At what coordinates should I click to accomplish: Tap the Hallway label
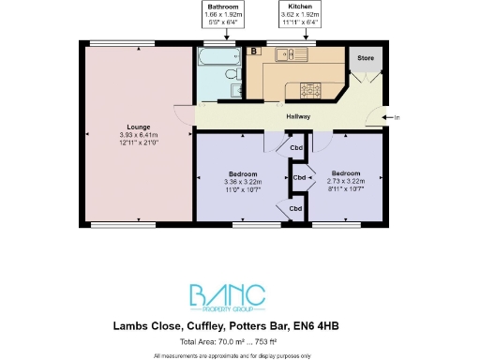(299, 116)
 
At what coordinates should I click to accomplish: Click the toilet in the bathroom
(233, 90)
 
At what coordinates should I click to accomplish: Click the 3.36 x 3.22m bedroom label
(242, 173)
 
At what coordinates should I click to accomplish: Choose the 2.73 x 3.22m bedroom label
(345, 173)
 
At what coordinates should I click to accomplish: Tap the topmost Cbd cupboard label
(295, 146)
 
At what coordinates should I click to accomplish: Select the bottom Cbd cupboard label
(295, 207)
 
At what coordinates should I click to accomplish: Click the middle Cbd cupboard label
(300, 177)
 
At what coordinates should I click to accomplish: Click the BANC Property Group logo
(240, 297)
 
